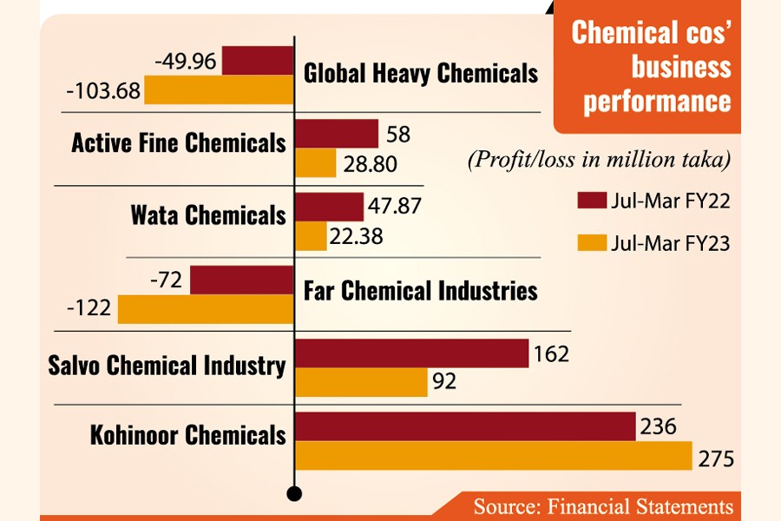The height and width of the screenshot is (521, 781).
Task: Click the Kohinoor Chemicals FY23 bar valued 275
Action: (x=494, y=456)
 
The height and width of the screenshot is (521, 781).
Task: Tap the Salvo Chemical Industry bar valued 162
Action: (x=413, y=353)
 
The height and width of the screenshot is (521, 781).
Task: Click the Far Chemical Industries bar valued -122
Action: (x=207, y=309)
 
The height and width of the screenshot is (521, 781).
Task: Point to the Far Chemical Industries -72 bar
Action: (x=242, y=280)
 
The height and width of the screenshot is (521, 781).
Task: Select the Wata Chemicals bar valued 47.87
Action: (x=330, y=207)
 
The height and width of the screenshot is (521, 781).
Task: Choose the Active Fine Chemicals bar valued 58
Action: (x=338, y=134)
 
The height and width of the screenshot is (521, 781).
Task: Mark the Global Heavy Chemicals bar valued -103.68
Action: (x=220, y=89)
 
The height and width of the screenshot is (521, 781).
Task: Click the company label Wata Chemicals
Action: (x=208, y=214)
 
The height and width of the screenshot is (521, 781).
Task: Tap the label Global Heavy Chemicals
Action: (x=421, y=73)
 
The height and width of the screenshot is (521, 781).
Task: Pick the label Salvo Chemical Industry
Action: (x=167, y=366)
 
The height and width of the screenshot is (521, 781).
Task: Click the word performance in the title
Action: (x=657, y=102)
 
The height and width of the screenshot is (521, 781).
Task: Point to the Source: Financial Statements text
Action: (x=602, y=505)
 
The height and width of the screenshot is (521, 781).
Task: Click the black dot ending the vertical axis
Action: (x=295, y=494)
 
